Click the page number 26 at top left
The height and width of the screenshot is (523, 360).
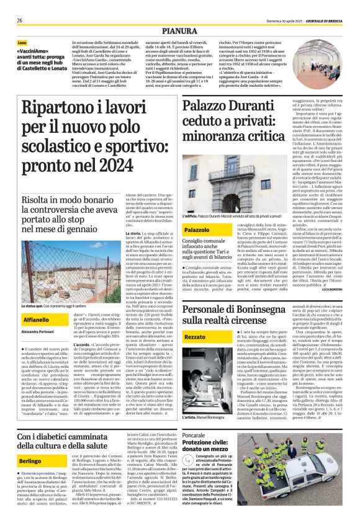[x=20, y=20]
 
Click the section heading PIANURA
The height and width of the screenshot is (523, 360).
[x=179, y=30]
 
